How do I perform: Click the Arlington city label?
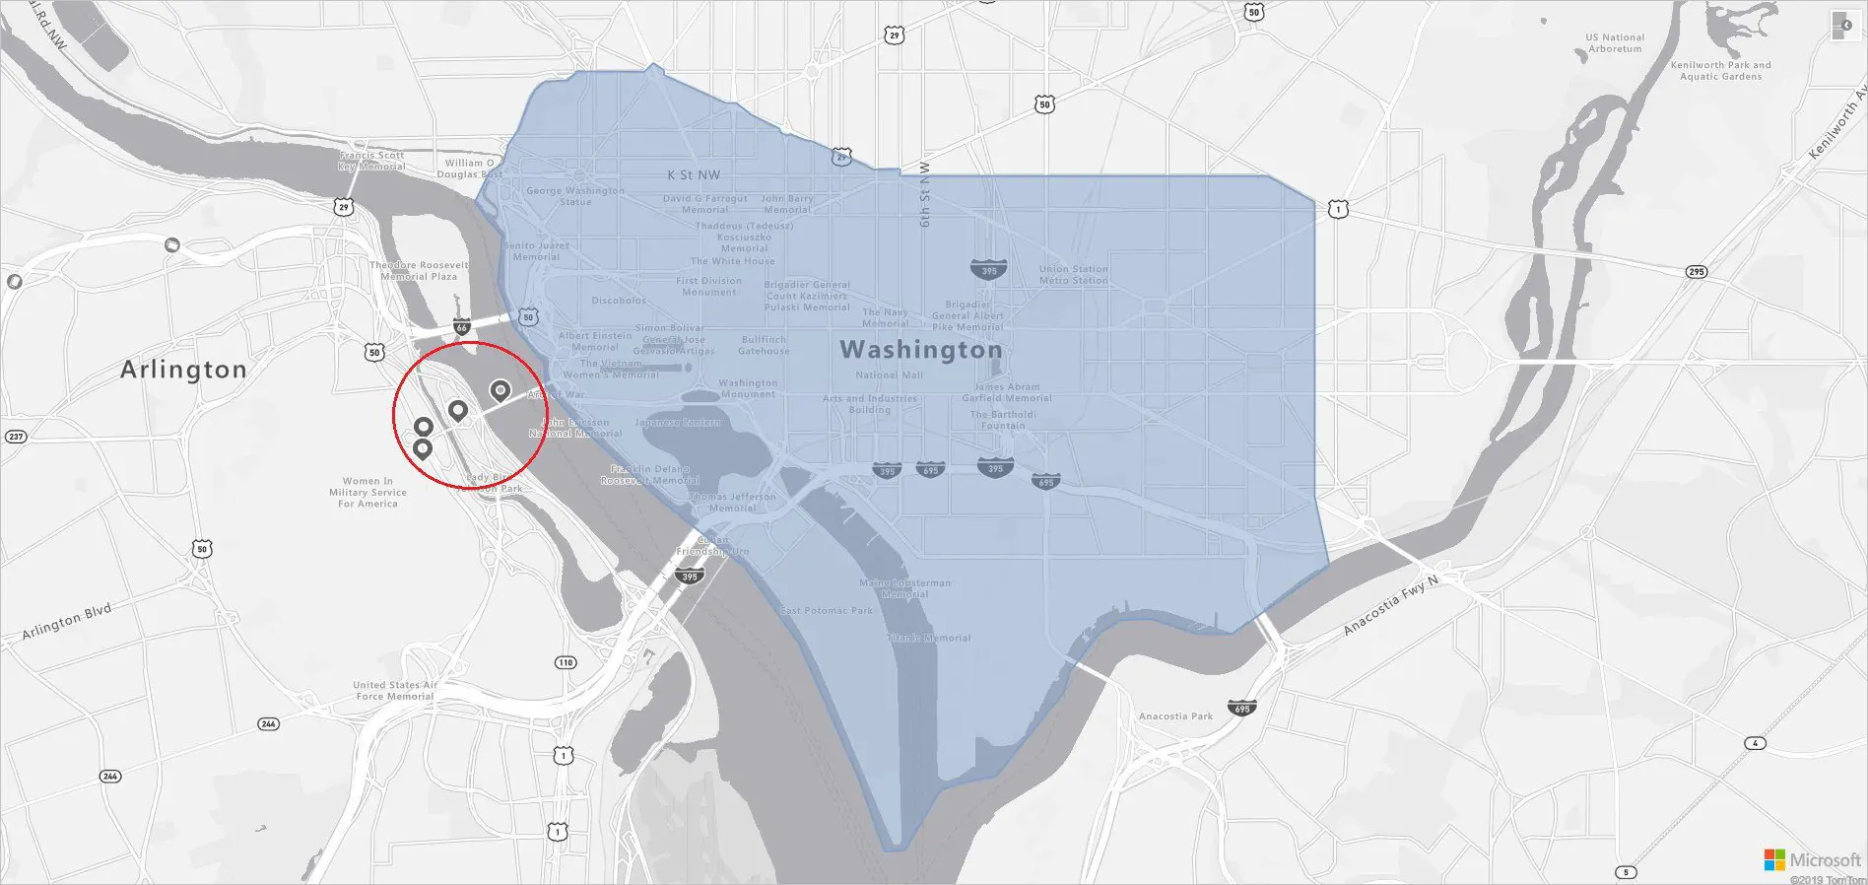pos(183,370)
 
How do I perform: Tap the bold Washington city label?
pos(920,350)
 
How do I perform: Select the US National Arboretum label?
pos(1615,43)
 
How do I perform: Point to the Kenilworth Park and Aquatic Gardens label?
pos(1720,71)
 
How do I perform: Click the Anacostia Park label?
pos(1175,716)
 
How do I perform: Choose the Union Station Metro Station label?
pos(1073,275)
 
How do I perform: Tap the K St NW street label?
pos(694,175)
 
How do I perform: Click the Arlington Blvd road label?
pos(67,623)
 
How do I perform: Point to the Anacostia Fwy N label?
pos(1391,605)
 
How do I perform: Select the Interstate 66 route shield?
pos(462,326)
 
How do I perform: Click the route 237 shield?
pos(16,437)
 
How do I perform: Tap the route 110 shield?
pos(566,662)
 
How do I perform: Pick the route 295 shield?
pos(1696,272)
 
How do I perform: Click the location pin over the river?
pos(500,392)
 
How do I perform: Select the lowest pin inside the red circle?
pos(422,449)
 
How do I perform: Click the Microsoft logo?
pos(1773,860)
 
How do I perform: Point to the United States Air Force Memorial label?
pos(395,691)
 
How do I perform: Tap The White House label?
pos(732,261)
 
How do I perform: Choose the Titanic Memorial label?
pos(928,638)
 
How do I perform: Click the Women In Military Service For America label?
pos(367,493)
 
